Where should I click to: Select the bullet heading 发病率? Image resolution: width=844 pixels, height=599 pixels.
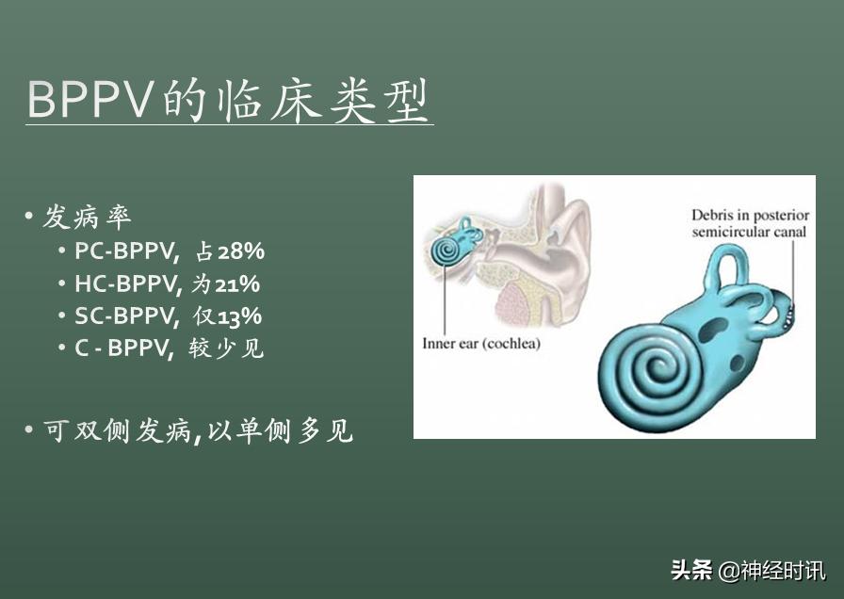(x=88, y=219)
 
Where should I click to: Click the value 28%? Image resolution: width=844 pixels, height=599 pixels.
(x=241, y=251)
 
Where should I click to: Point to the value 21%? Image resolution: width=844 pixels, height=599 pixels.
(x=237, y=283)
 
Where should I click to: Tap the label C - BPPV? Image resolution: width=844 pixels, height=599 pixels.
(x=125, y=348)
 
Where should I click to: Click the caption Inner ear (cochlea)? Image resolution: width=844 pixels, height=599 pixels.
(x=480, y=344)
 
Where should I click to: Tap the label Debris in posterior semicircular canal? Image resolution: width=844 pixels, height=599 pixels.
(x=750, y=223)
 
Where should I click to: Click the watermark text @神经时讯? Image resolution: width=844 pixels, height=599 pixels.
(x=772, y=570)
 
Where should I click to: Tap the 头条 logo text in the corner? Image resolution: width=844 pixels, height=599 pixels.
(x=692, y=570)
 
